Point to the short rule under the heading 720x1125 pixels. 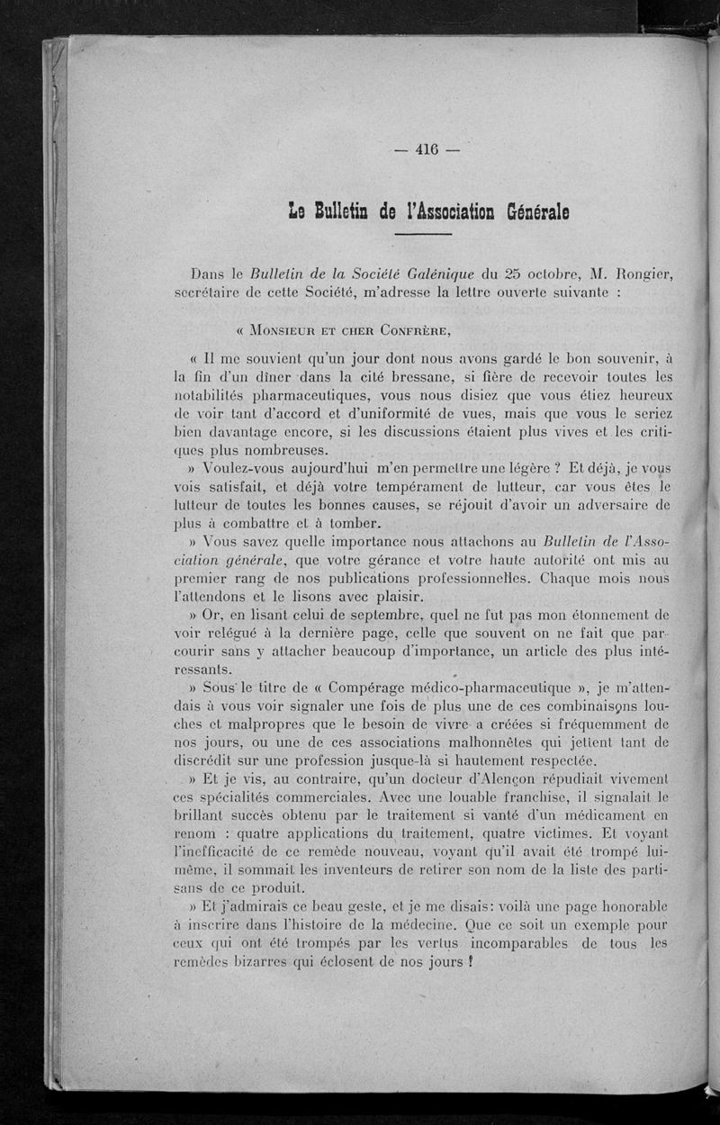pos(422,236)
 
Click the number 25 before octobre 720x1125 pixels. pos(511,274)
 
